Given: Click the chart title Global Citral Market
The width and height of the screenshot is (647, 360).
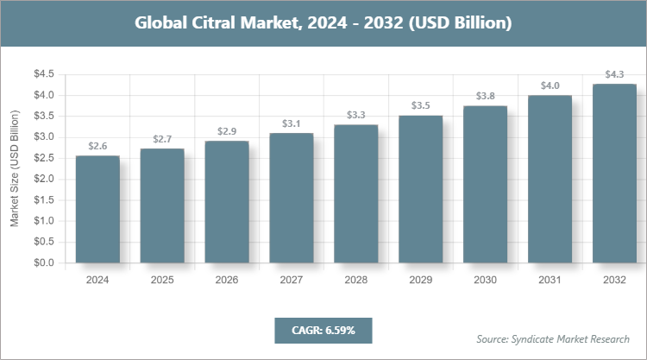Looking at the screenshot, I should (323, 23).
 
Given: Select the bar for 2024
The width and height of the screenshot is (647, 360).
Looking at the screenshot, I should (97, 209).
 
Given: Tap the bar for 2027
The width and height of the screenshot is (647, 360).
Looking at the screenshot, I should (292, 198).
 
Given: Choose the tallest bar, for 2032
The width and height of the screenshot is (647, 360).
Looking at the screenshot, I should (614, 173).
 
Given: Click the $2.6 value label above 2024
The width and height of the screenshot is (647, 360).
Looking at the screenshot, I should (97, 146).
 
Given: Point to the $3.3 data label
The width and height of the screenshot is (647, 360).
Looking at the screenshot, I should (356, 115).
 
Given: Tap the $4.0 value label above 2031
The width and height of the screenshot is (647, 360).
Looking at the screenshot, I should (550, 85).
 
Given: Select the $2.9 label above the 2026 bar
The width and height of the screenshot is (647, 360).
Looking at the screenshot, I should (227, 131).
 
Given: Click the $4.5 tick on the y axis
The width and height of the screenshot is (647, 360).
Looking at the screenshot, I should (45, 74).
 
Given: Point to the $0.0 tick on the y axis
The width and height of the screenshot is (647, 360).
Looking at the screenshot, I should (45, 262).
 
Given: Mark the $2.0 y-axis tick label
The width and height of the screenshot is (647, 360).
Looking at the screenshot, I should (45, 179).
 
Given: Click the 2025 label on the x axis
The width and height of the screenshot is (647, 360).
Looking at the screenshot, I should (162, 281).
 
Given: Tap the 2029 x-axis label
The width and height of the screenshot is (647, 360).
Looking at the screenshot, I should (421, 281).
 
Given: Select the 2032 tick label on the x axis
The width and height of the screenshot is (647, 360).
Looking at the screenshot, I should (614, 281).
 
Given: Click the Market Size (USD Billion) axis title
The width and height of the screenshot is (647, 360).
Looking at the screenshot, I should (15, 169).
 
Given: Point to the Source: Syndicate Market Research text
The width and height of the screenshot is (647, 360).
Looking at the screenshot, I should (553, 338).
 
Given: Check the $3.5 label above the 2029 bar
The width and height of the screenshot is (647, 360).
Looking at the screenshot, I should (421, 105).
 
